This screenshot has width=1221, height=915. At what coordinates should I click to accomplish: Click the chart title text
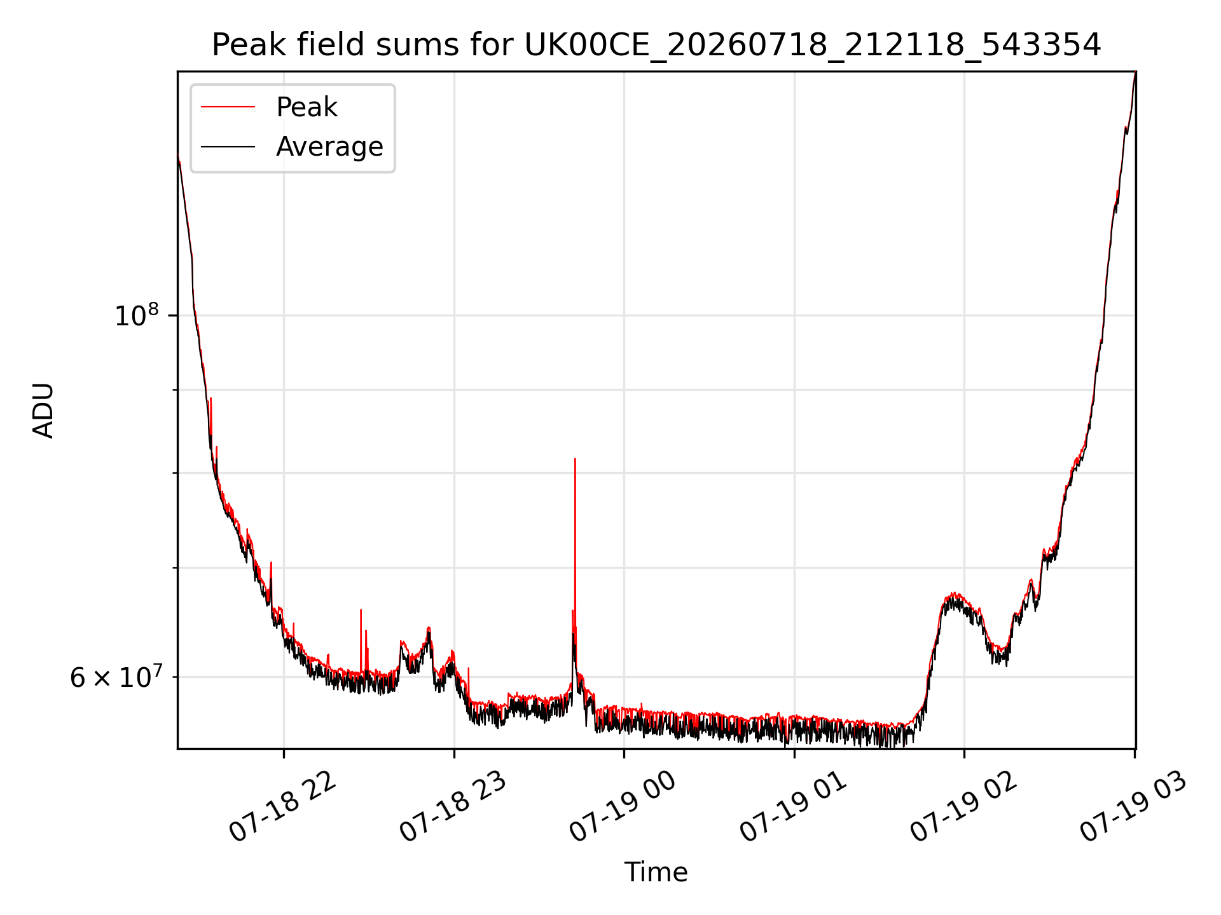click(x=656, y=45)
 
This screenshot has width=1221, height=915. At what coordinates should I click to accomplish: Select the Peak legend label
click(x=307, y=107)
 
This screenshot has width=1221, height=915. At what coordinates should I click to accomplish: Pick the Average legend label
click(x=329, y=147)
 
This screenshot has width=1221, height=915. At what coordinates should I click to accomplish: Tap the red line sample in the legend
click(x=228, y=107)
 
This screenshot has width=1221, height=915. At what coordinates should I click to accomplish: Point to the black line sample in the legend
click(x=228, y=147)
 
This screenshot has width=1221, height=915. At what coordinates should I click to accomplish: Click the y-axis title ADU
click(x=43, y=410)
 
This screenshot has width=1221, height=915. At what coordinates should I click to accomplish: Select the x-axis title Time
click(x=656, y=872)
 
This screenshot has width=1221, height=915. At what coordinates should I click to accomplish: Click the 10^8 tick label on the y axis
click(x=136, y=315)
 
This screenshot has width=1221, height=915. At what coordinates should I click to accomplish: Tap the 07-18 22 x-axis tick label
click(x=282, y=807)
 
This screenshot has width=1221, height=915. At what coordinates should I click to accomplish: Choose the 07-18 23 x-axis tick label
click(x=453, y=807)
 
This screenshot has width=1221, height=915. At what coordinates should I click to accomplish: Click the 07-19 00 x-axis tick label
click(x=623, y=807)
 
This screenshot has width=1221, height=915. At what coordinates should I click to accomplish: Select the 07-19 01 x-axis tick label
click(x=793, y=807)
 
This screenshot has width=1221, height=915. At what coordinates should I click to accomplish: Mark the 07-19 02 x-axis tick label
click(x=963, y=807)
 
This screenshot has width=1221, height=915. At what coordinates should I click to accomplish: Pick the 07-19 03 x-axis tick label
click(x=1133, y=807)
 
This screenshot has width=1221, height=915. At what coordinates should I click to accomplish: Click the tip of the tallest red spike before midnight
click(x=575, y=458)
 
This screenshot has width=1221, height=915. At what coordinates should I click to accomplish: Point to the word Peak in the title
click(x=243, y=45)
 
